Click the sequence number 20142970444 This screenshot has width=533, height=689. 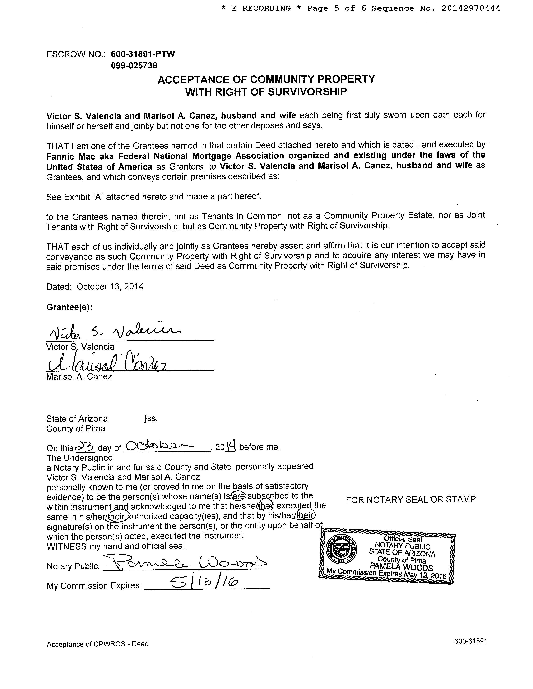(471, 9)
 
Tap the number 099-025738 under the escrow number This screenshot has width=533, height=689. (134, 66)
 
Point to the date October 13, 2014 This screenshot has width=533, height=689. (110, 286)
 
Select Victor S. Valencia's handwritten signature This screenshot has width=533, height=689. (114, 331)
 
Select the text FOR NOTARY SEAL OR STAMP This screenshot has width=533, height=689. (411, 499)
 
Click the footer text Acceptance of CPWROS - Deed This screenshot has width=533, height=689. (98, 644)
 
